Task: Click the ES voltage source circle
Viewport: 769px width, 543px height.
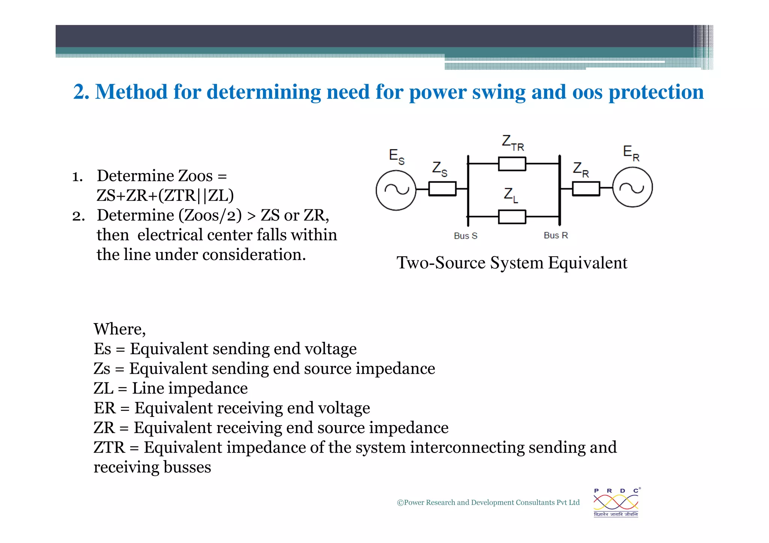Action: (396, 190)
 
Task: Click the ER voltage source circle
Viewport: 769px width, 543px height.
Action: (632, 187)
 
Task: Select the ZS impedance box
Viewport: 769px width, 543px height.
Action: (442, 189)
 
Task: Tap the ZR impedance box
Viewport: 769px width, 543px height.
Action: (586, 188)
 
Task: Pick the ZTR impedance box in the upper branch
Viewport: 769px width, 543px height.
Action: (512, 164)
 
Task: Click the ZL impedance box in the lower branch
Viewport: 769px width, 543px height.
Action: (512, 217)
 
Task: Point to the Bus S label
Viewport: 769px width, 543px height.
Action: (465, 236)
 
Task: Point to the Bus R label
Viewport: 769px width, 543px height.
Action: (556, 236)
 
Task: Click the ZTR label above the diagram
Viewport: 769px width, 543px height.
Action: (513, 143)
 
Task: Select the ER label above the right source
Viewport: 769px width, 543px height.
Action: (631, 153)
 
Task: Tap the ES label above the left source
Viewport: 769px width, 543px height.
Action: (397, 156)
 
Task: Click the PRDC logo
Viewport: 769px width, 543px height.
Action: (616, 502)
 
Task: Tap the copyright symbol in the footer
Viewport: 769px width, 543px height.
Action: (400, 503)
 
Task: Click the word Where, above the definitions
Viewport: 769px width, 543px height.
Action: (119, 329)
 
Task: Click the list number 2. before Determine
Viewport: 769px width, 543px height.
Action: (78, 216)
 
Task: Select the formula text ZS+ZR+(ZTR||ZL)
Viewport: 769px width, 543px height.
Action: (165, 196)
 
